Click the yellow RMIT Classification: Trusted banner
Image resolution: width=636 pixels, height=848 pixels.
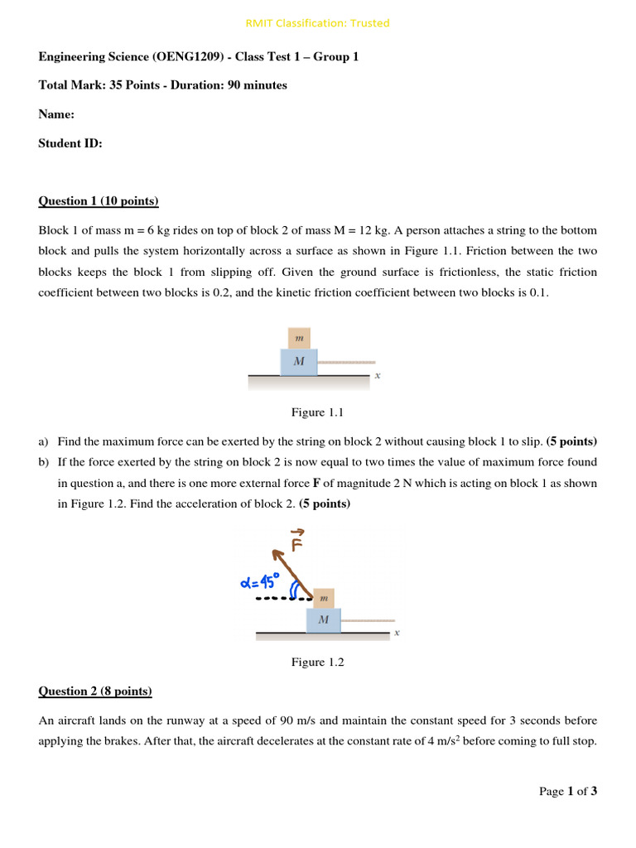(317, 23)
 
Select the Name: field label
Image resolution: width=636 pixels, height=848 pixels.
(56, 114)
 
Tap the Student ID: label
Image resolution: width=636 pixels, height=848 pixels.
(70, 143)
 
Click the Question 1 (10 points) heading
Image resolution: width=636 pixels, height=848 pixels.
(99, 201)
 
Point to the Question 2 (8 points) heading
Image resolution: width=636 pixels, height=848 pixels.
(95, 691)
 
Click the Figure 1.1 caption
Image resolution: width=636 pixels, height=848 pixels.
(317, 412)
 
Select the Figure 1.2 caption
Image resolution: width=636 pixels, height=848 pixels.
(317, 662)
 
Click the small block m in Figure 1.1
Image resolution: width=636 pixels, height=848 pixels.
(299, 338)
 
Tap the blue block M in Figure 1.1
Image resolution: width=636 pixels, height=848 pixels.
(299, 362)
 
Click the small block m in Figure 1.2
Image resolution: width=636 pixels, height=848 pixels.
(324, 597)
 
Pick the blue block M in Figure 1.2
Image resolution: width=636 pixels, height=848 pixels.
(324, 620)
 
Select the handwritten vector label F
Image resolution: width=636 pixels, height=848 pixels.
(297, 542)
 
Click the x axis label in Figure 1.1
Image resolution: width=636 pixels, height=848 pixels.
(378, 375)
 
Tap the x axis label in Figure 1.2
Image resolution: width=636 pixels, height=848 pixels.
(397, 634)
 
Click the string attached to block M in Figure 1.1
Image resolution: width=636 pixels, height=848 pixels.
(346, 363)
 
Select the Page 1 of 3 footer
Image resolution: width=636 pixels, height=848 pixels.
(568, 791)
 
